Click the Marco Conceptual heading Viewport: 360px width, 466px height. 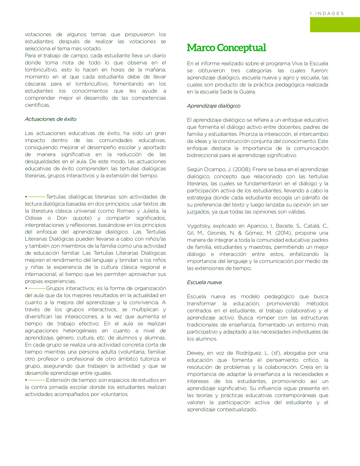(x=226, y=48)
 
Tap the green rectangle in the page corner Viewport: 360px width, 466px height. (x=335, y=25)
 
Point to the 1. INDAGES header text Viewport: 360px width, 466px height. (x=327, y=14)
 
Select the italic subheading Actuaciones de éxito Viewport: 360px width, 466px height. (x=51, y=119)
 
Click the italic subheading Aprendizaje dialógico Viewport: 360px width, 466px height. (x=213, y=106)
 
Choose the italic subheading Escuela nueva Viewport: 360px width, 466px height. (x=204, y=282)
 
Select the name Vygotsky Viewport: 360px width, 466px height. (x=198, y=226)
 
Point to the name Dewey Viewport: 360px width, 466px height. (x=195, y=353)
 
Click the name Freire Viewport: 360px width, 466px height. (x=259, y=169)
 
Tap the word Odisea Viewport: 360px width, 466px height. (x=33, y=218)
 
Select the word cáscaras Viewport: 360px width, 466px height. (x=35, y=84)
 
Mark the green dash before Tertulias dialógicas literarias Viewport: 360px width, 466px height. (x=37, y=197)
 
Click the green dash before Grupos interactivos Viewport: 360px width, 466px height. (x=37, y=288)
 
